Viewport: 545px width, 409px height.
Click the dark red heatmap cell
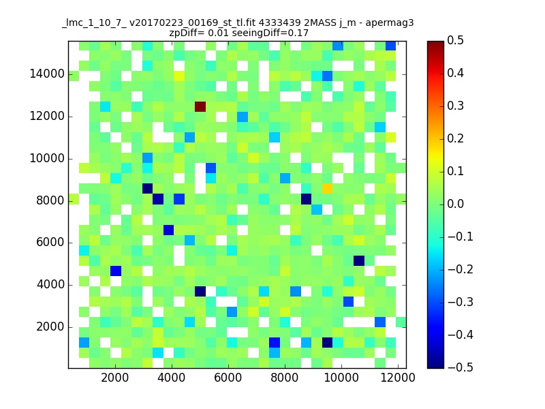point(200,107)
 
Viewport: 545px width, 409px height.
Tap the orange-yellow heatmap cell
point(327,189)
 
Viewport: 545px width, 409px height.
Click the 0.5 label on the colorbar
point(455,40)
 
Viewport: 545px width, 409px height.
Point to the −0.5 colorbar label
point(461,367)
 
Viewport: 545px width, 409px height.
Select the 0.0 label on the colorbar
point(455,204)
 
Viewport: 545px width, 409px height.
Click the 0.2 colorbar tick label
point(455,138)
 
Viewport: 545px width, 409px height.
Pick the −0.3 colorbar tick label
point(461,302)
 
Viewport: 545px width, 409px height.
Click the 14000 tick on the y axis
point(47,74)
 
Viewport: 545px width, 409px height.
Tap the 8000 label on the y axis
point(50,200)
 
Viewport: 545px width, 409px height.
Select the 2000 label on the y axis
point(50,327)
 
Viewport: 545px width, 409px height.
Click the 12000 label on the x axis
point(398,378)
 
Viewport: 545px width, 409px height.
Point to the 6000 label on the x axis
point(228,378)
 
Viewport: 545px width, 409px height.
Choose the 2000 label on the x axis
point(114,378)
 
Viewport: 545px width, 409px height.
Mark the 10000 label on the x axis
point(341,378)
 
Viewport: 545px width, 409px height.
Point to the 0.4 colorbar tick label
point(455,73)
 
